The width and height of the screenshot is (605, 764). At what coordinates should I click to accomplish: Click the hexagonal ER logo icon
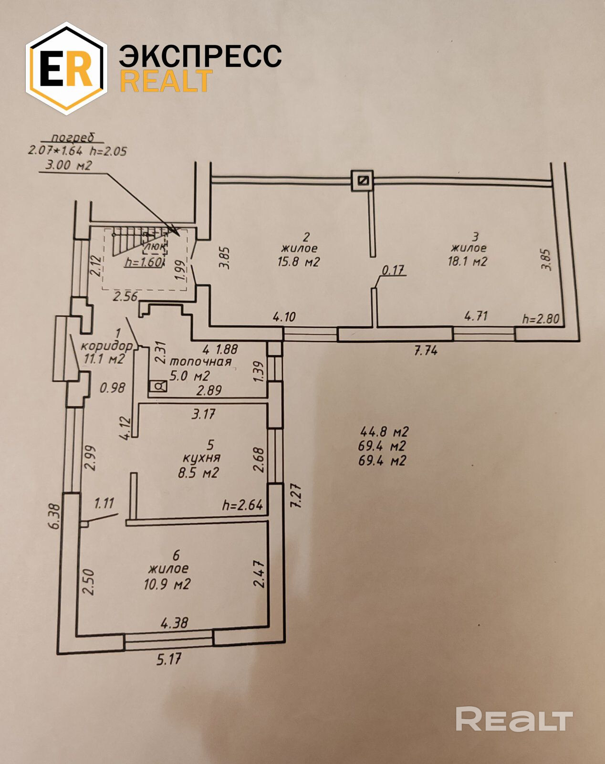point(66,68)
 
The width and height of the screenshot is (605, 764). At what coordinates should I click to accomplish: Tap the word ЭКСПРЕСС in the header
point(200,56)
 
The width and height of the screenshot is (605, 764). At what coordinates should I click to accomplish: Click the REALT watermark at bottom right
point(513,719)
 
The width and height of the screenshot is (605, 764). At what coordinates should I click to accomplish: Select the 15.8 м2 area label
point(298,262)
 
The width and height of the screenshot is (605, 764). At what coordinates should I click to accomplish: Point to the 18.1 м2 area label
point(467,262)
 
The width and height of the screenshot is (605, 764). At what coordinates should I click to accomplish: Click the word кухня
point(202,458)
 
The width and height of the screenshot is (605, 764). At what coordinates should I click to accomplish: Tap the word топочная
point(200,362)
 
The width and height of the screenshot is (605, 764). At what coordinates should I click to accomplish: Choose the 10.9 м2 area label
point(167,584)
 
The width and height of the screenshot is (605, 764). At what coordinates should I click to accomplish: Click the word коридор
point(106,345)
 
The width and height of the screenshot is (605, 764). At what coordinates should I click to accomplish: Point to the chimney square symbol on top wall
point(363,180)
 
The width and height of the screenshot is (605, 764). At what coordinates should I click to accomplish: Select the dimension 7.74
point(426,351)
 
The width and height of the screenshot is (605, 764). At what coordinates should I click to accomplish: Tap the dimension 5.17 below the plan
point(169,659)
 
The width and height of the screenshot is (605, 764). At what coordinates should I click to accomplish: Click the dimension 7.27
point(296,496)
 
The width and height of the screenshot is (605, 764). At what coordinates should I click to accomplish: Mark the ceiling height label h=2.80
point(541,318)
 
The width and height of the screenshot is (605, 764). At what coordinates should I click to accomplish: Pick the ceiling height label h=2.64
point(242,505)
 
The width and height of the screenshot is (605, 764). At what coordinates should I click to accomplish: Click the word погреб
point(73,138)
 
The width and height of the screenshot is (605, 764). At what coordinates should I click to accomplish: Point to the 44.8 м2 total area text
point(384,432)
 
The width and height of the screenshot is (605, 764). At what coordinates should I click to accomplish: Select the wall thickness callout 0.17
point(393,271)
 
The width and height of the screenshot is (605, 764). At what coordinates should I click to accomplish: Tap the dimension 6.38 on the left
point(55,516)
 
